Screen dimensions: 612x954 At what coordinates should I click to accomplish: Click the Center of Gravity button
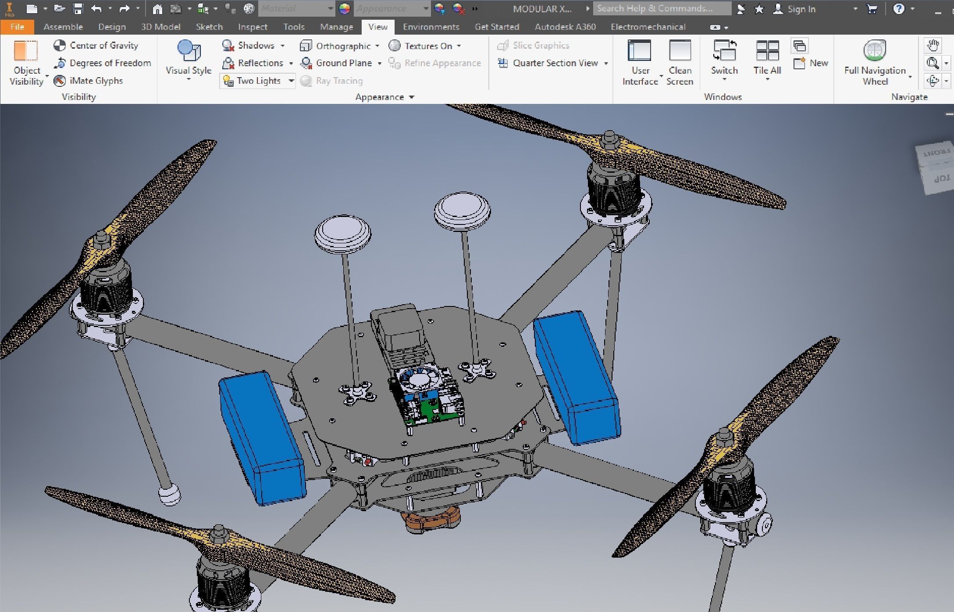click(96, 46)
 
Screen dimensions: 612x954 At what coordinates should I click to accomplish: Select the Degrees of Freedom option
click(102, 63)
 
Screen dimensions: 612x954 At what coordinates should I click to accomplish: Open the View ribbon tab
click(377, 27)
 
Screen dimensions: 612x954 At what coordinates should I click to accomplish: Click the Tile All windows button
click(767, 61)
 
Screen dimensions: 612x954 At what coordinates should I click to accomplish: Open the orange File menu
click(17, 27)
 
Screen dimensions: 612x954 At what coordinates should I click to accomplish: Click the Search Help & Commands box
click(661, 8)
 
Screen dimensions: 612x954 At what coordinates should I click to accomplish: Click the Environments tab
click(431, 27)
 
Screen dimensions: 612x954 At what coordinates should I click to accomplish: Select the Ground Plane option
click(338, 63)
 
